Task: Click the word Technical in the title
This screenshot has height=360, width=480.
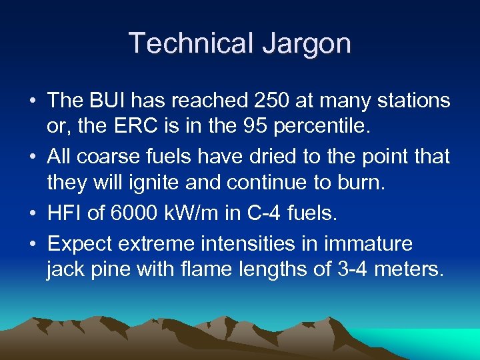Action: (190, 43)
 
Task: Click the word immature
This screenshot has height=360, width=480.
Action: (368, 243)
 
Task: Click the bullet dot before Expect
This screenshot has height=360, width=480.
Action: (31, 244)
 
